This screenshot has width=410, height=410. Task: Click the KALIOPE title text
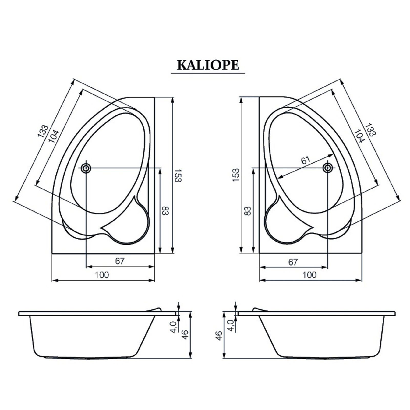[208, 65]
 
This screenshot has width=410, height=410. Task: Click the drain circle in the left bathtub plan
[86, 168]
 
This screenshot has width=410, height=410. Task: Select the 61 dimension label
[305, 160]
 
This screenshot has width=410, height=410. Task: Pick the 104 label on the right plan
[359, 136]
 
